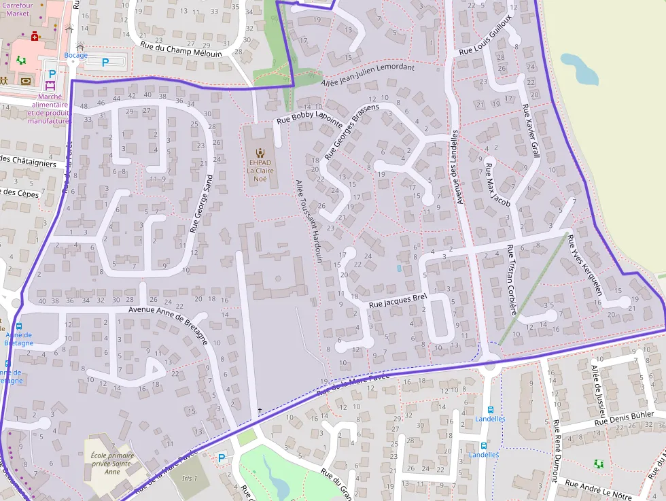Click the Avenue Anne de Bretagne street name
166,311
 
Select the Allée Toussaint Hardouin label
308,221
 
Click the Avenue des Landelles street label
457,167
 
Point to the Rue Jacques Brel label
397,301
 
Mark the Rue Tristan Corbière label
512,279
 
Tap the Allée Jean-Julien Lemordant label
367,75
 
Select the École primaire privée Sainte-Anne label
113,464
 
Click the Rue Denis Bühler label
623,415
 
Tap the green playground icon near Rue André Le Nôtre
599,464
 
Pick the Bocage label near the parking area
76,55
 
